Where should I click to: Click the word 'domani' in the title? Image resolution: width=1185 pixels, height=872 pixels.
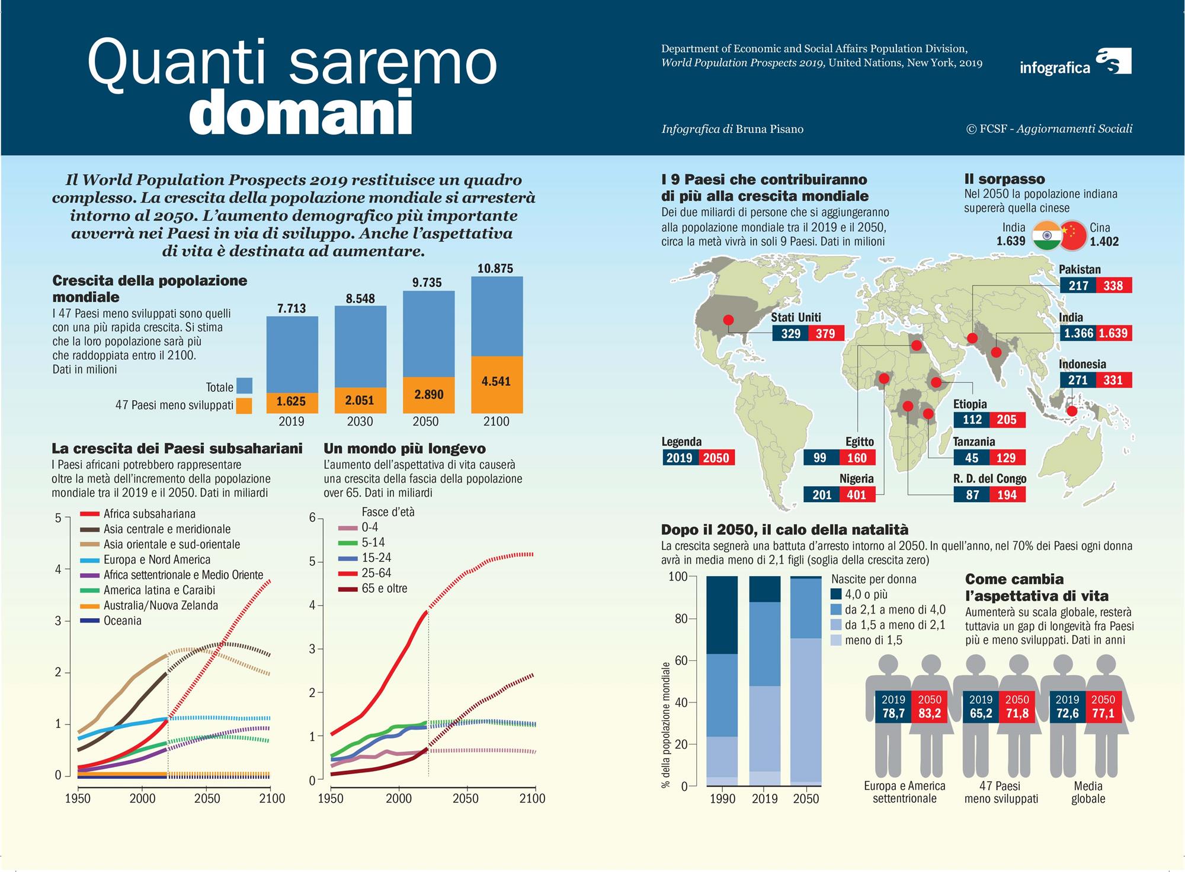pos(300,112)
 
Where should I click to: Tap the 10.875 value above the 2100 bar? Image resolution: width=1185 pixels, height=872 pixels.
pos(495,269)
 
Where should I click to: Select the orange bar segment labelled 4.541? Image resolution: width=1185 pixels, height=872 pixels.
pos(497,382)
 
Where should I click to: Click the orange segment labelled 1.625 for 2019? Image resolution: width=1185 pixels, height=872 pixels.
pos(291,402)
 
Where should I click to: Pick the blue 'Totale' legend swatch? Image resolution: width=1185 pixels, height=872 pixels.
pos(244,386)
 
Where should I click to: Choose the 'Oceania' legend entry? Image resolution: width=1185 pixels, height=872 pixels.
pos(122,621)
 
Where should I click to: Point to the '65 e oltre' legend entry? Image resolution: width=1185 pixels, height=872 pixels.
pos(384,589)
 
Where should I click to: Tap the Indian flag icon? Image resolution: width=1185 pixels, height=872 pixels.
pos(1046,235)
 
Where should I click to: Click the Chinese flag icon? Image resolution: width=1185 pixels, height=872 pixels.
pos(1074,235)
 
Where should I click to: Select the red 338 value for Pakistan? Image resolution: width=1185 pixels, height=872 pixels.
pos(1113,286)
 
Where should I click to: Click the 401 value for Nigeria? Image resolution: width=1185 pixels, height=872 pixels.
pos(857,495)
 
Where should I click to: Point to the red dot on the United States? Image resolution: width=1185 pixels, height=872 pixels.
pos(729,320)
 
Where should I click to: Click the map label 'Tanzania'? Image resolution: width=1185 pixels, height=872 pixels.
pos(974,442)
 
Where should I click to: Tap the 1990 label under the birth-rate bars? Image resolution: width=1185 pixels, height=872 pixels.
pos(722,799)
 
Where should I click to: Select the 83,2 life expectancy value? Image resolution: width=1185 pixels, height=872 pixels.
pos(930,713)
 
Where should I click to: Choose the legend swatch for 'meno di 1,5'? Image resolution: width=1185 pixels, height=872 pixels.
pos(836,640)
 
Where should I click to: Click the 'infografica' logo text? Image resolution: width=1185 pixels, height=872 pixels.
pos(1055,68)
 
